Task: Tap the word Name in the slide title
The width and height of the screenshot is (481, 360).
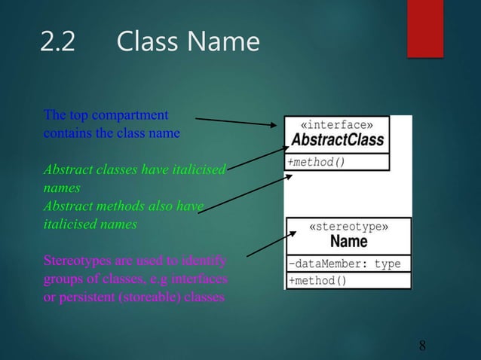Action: click(224, 42)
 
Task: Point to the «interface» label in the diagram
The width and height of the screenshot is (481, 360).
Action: click(335, 124)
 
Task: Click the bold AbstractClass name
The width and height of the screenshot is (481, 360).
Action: click(337, 140)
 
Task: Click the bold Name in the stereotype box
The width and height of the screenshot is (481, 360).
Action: click(348, 242)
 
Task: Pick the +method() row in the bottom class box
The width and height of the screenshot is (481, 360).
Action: click(317, 281)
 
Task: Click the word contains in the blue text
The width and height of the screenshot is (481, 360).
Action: click(63, 133)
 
